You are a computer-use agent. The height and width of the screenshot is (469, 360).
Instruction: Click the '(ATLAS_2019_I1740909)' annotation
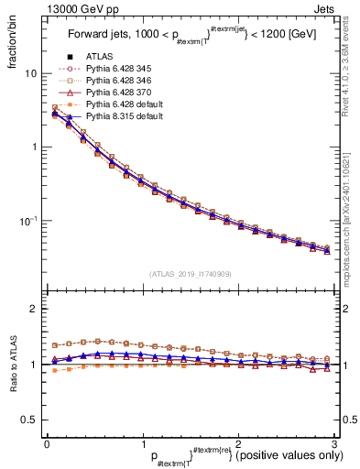[x=190, y=274]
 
